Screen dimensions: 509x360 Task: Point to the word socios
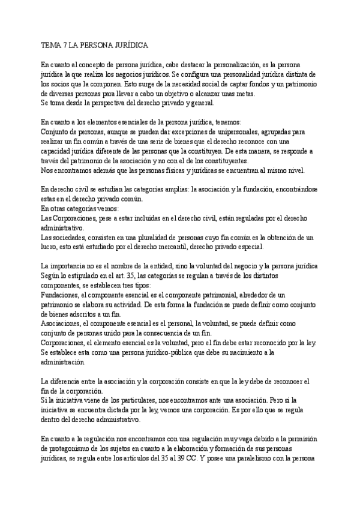click(62, 83)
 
